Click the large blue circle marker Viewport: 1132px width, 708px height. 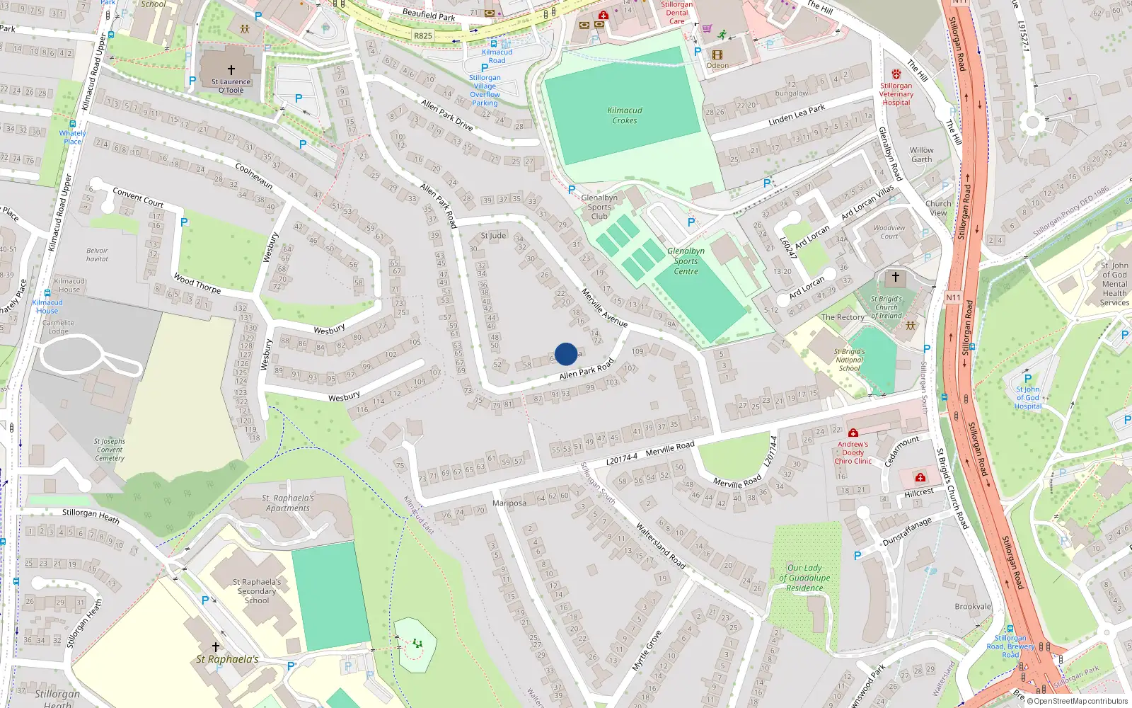[566, 354]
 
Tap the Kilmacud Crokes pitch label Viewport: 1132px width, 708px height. [625, 115]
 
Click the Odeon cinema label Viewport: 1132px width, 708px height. [717, 66]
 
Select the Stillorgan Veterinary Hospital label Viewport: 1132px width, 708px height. [896, 93]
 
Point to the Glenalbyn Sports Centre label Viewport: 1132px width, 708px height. [686, 261]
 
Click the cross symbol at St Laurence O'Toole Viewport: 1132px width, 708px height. [231, 70]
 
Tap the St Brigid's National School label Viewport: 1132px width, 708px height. [849, 360]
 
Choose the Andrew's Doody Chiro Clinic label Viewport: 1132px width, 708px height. [853, 452]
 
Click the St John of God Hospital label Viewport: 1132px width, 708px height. [1028, 398]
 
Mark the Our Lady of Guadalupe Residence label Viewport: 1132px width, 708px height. [804, 578]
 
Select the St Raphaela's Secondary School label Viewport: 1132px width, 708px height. [257, 591]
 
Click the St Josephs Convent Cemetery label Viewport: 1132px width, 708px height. [110, 450]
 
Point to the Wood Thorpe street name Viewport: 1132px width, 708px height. [197, 283]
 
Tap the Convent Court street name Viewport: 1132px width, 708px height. [138, 197]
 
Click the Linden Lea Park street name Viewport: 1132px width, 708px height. [797, 115]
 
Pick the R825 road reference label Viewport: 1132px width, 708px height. [423, 35]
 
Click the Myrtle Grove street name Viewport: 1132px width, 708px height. [647, 650]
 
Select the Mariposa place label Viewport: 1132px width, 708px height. [509, 503]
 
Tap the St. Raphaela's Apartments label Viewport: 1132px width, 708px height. [288, 503]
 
